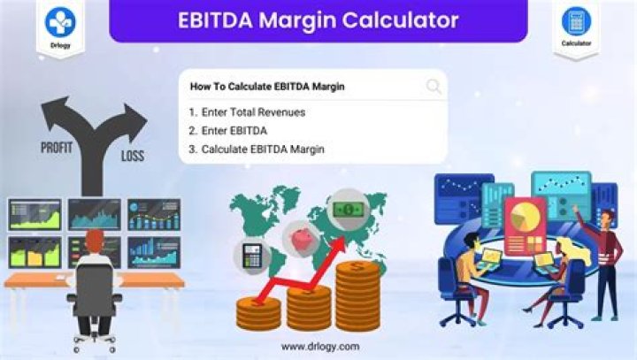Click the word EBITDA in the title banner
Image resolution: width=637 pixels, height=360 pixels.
coord(218,19)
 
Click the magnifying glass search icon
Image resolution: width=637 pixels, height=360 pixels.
coord(434,86)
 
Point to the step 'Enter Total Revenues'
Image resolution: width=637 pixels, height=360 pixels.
coord(247,112)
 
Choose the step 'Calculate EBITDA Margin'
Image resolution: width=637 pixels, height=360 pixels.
coord(257,149)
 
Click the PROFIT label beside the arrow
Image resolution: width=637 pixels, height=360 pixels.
coord(57,148)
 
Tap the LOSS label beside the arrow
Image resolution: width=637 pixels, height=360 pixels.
coord(132,157)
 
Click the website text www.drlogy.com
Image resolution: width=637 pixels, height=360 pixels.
coord(319,346)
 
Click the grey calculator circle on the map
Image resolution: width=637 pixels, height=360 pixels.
coord(251,257)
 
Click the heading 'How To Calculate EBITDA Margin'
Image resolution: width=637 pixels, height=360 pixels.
coord(266,87)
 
